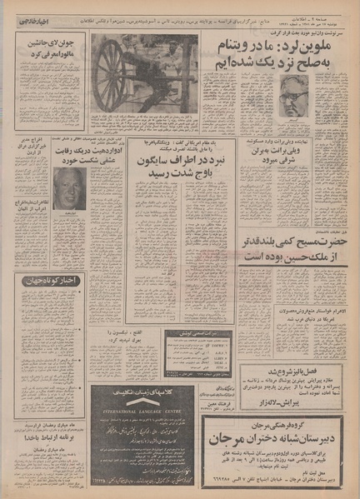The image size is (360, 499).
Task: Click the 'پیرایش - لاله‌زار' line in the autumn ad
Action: click(x=287, y=402)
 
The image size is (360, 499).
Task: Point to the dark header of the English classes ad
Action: click(x=157, y=392)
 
